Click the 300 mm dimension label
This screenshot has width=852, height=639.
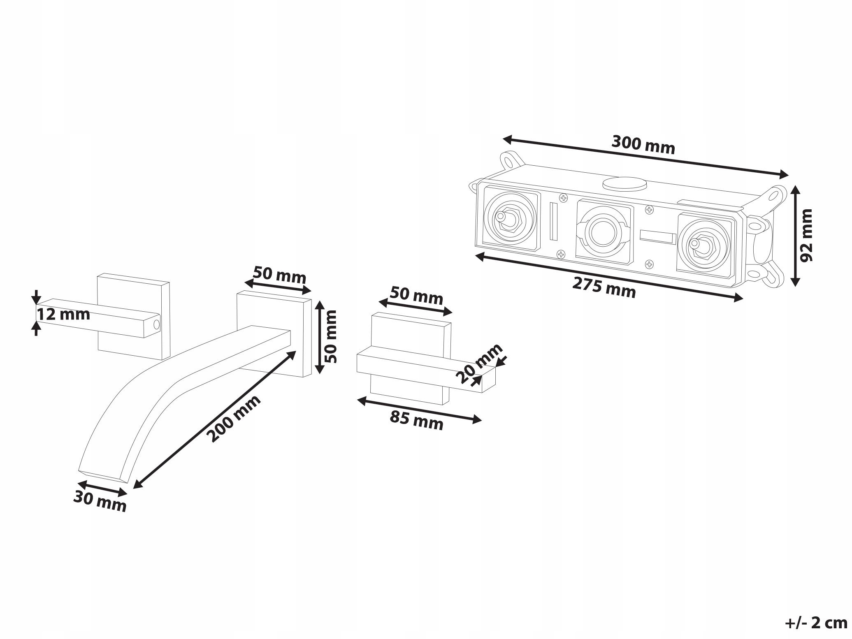[643, 144]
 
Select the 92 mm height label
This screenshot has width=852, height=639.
[806, 235]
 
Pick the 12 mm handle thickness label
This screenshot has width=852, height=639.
[63, 315]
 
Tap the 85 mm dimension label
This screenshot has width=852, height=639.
[417, 421]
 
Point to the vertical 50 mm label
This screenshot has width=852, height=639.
[330, 336]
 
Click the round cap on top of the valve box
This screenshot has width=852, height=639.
[624, 183]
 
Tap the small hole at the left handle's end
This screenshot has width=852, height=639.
[156, 324]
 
